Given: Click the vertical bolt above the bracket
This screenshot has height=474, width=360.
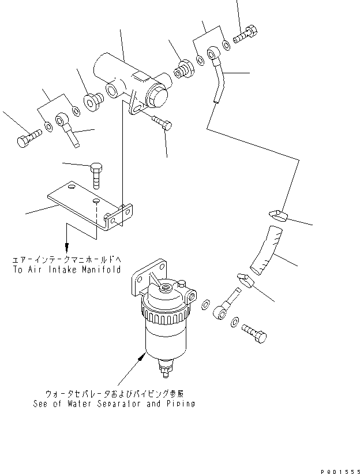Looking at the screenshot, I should (x=96, y=174).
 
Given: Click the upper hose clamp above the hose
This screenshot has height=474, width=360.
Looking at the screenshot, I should (x=277, y=217).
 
